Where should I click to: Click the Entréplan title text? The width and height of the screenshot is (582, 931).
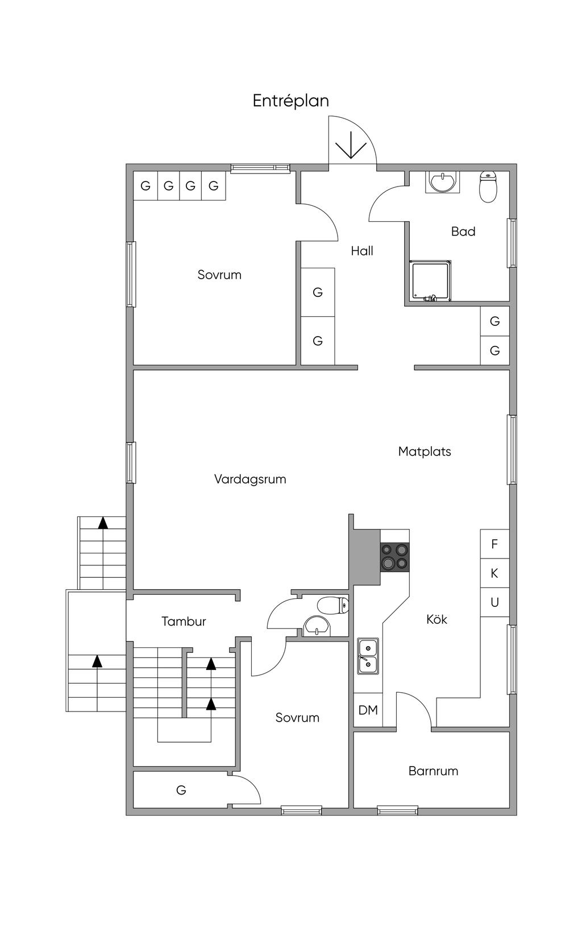click(290, 101)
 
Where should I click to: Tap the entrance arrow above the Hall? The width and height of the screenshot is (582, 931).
click(351, 145)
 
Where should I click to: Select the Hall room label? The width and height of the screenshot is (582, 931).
click(361, 251)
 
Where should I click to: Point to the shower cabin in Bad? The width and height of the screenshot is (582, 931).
click(431, 281)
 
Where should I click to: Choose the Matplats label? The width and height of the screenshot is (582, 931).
click(424, 452)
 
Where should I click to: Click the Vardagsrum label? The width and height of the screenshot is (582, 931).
click(250, 479)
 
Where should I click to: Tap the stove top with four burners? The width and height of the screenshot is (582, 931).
click(395, 557)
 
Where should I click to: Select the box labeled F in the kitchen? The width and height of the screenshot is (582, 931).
click(494, 544)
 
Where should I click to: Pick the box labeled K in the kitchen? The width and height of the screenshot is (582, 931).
click(494, 573)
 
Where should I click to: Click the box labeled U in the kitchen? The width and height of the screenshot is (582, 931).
click(494, 602)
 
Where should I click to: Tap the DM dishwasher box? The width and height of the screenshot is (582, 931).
click(368, 710)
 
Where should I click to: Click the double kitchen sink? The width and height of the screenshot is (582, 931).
click(368, 656)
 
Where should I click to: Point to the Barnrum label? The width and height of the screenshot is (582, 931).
click(433, 771)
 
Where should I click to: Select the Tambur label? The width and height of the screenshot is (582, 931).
click(183, 622)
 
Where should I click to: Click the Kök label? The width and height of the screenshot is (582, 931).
click(436, 619)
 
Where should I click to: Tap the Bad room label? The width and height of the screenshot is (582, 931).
click(463, 231)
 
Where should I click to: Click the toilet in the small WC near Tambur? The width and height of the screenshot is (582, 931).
click(332, 605)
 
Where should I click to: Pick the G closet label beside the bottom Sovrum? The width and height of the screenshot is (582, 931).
click(181, 790)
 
